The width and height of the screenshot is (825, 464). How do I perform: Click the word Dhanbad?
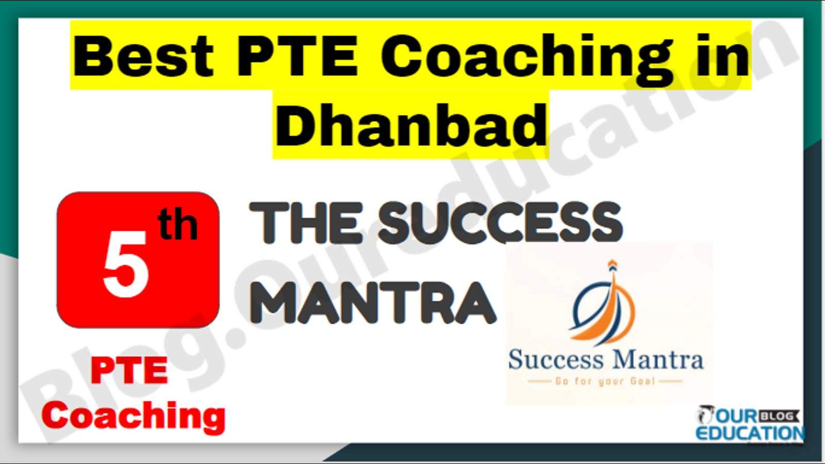pyautogui.click(x=410, y=125)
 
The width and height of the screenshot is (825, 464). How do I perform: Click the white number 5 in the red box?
pyautogui.click(x=126, y=264)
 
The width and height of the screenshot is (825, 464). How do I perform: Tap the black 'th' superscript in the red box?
pyautogui.click(x=178, y=225)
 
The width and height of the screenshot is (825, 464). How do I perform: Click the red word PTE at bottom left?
pyautogui.click(x=129, y=371)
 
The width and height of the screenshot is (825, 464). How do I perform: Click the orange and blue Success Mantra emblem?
pyautogui.click(x=603, y=304)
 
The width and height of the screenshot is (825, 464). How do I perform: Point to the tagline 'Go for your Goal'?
pyautogui.click(x=605, y=382)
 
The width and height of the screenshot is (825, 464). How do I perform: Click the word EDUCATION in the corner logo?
pyautogui.click(x=750, y=433)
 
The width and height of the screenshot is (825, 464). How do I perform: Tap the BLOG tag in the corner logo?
pyautogui.click(x=779, y=417)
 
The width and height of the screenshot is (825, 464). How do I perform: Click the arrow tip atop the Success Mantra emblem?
pyautogui.click(x=612, y=261)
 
